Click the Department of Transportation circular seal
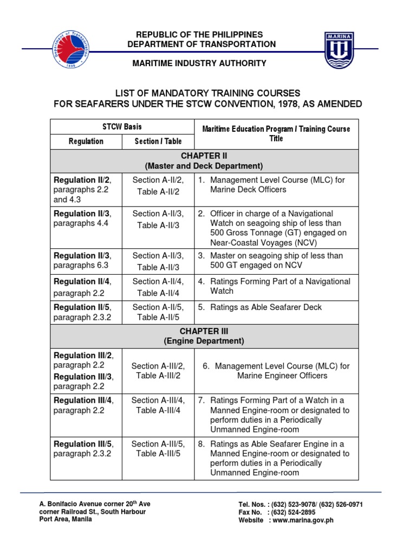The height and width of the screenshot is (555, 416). click(73, 49)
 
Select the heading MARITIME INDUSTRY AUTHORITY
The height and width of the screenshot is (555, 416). click(200, 63)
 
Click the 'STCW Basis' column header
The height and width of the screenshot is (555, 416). click(122, 127)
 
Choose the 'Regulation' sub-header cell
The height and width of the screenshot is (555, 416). click(86, 141)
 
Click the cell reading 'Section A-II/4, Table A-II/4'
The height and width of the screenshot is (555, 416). click(158, 287)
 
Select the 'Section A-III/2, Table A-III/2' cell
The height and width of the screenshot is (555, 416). click(158, 371)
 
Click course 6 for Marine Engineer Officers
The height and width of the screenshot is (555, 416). click(276, 371)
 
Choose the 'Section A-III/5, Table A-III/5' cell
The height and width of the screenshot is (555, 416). click(158, 449)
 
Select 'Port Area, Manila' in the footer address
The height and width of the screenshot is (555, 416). click(66, 519)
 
